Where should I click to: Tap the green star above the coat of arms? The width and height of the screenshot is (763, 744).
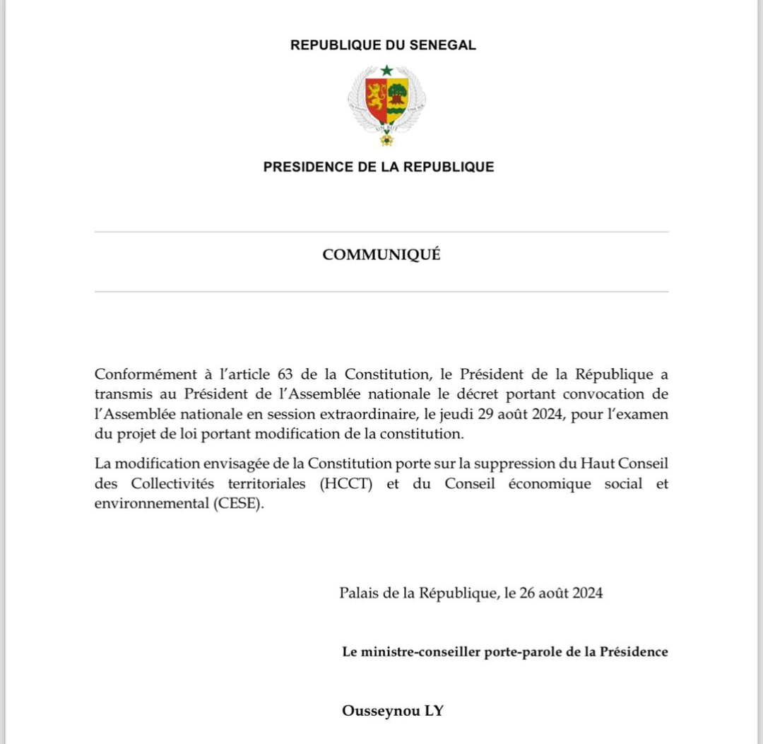386,70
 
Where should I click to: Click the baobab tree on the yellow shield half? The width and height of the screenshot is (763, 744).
398,93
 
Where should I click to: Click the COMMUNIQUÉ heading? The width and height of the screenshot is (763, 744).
381,255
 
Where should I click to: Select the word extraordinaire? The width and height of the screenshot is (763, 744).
374,414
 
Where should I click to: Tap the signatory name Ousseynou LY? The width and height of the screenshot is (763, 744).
393,710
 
